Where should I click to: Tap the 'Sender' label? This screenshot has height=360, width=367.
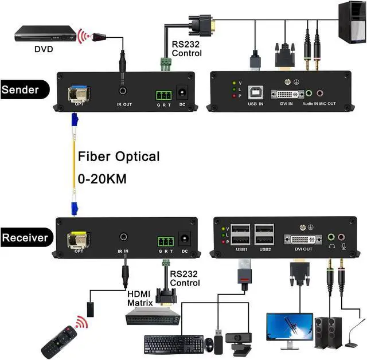coord(21,90)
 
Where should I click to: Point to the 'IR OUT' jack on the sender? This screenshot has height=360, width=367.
coord(123,91)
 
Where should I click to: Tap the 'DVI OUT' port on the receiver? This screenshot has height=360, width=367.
coord(300,239)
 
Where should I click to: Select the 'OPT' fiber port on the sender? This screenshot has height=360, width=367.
coord(78,92)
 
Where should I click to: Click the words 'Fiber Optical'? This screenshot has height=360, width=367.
coord(119,156)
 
